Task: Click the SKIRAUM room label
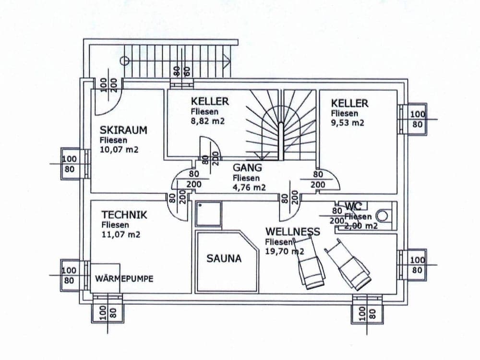tap(123, 130)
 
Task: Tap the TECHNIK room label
tap(124, 215)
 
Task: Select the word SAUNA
tap(224, 258)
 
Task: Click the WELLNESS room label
tap(292, 232)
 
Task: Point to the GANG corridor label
tap(248, 168)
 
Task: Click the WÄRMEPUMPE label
tap(124, 278)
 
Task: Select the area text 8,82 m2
tap(208, 121)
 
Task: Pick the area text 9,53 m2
tap(348, 123)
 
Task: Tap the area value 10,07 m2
tap(120, 150)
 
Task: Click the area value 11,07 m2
tap(121, 235)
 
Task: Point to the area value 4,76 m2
tap(249, 188)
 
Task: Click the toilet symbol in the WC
tap(382, 216)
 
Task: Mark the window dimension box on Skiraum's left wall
tap(70, 164)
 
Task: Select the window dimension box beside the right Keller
tap(417, 119)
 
